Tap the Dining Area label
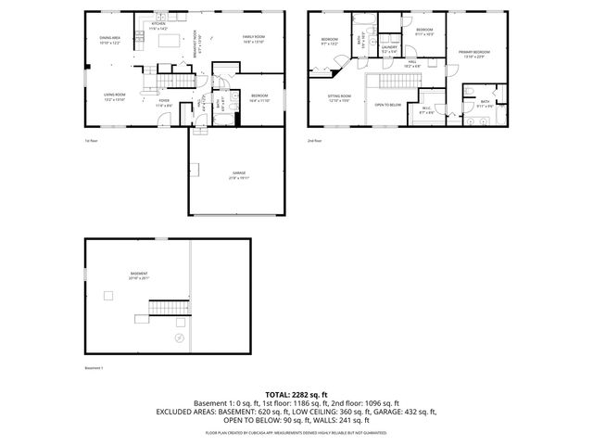pos(112,40)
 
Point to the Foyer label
pos(163,105)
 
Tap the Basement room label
pos(138,276)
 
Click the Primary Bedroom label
pos(473,54)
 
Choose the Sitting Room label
pos(339,97)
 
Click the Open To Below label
pos(387,105)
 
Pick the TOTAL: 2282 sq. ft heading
pos(296,394)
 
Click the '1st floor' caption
pos(91,141)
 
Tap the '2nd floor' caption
pos(314,141)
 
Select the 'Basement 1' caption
pos(95,368)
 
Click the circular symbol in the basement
pos(179,338)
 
